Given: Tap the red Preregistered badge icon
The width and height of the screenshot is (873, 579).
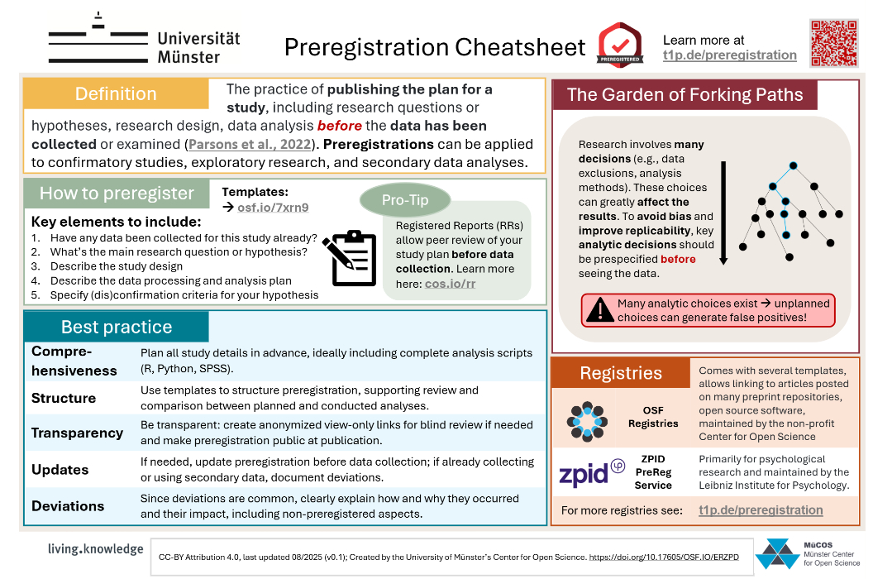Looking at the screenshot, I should pyautogui.click(x=620, y=45).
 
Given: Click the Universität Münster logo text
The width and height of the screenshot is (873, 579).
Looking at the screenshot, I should pyautogui.click(x=198, y=47).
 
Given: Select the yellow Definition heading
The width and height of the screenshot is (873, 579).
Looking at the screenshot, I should pyautogui.click(x=116, y=94).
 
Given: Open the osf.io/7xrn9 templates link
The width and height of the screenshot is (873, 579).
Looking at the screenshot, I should pyautogui.click(x=273, y=207).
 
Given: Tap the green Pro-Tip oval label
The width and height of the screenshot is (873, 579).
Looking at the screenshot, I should pyautogui.click(x=405, y=200).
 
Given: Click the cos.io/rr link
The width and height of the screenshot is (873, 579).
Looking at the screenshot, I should pyautogui.click(x=451, y=284).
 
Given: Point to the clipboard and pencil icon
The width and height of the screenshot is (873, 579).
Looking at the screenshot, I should pyautogui.click(x=350, y=257).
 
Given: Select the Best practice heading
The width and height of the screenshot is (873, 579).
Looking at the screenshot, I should pyautogui.click(x=116, y=327).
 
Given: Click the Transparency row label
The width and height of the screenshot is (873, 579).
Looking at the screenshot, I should pyautogui.click(x=77, y=433).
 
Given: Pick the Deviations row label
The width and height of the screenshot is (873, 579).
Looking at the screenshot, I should pyautogui.click(x=68, y=505).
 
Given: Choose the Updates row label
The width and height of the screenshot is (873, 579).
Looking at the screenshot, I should pyautogui.click(x=60, y=469).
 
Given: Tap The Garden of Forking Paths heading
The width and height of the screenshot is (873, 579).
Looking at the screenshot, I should pyautogui.click(x=685, y=94).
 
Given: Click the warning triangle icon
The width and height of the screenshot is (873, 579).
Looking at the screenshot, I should pyautogui.click(x=599, y=309).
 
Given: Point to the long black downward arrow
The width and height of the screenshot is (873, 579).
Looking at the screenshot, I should pyautogui.click(x=723, y=213).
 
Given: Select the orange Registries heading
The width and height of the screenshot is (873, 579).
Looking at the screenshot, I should pyautogui.click(x=621, y=373).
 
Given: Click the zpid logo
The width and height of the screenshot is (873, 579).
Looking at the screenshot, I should pyautogui.click(x=591, y=473).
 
